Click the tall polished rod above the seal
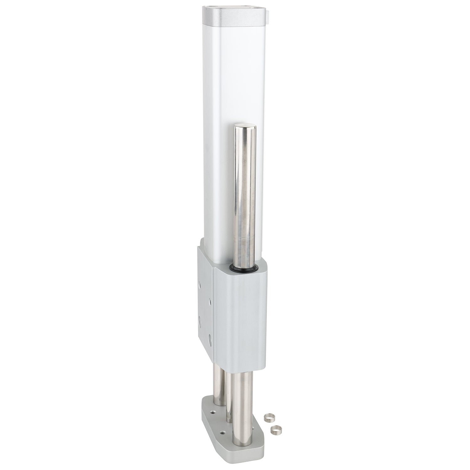click(243, 194)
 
